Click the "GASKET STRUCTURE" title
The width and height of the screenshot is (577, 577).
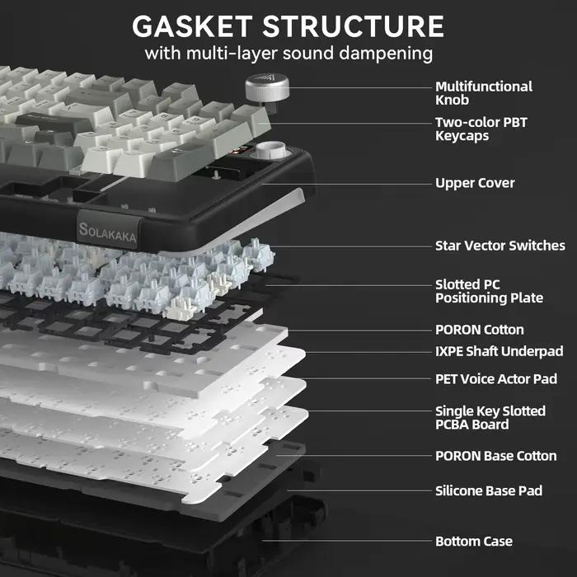(288, 26)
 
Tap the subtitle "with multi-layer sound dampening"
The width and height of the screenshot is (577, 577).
(288, 54)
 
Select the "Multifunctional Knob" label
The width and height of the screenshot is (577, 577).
(484, 93)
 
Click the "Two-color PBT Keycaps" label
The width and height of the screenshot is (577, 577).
(481, 129)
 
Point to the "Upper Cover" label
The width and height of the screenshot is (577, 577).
(475, 183)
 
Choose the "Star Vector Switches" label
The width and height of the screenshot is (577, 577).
(500, 246)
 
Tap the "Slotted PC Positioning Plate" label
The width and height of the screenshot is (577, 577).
(489, 291)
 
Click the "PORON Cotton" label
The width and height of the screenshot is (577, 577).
(480, 330)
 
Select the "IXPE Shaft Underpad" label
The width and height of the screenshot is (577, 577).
(499, 351)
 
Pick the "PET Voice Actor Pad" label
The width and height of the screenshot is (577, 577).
(496, 379)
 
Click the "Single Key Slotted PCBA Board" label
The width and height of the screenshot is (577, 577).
(490, 418)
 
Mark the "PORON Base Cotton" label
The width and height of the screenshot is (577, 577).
(495, 456)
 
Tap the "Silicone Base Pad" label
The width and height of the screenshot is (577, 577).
(489, 491)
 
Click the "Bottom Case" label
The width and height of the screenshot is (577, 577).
(474, 542)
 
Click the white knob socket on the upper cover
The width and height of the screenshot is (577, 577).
(270, 151)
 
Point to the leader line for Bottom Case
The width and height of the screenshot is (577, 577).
(346, 541)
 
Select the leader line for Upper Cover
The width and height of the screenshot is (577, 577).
(346, 184)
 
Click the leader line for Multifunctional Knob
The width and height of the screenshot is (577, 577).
(360, 88)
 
